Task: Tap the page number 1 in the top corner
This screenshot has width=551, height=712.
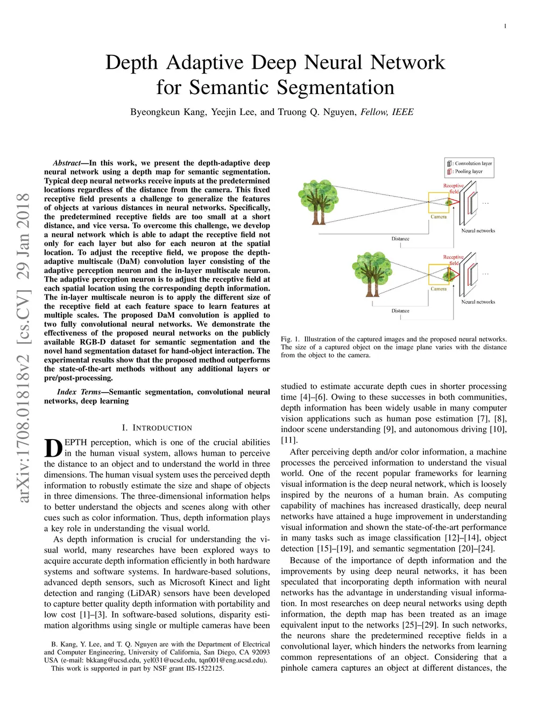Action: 505,26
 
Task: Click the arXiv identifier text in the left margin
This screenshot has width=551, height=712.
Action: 24,348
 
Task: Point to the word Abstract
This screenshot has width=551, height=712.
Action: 66,163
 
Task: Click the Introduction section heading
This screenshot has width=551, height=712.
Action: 157,428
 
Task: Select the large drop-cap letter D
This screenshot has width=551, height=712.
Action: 53,448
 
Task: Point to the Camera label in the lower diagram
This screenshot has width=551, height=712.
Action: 439,289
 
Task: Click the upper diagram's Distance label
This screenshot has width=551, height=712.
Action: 400,239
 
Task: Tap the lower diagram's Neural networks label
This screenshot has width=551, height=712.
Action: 478,302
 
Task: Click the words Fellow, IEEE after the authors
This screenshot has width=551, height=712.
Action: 387,112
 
